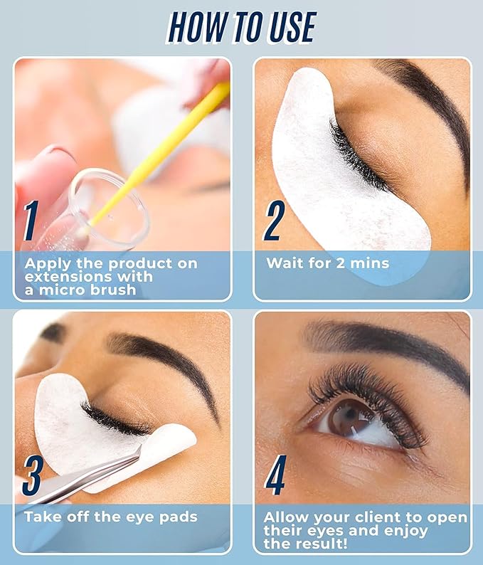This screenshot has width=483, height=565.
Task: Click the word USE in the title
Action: [292, 27]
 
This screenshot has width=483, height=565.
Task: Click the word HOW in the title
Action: [196, 27]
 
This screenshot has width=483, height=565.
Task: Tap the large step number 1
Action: [31, 221]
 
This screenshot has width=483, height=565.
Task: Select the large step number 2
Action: [274, 221]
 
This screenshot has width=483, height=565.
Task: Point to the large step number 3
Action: [33, 475]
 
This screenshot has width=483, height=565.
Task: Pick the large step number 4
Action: [275, 475]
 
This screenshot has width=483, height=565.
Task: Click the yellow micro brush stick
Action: [155, 159]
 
